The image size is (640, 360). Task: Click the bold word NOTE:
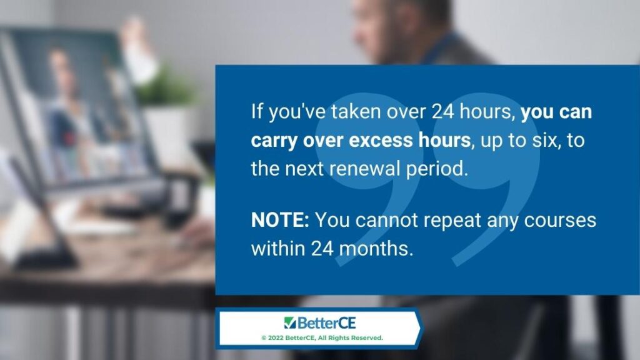[280, 220]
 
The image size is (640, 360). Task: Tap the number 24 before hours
[443, 111]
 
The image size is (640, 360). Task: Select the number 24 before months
[322, 248]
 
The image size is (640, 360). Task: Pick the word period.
[436, 169]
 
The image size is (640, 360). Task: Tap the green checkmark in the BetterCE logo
[290, 323]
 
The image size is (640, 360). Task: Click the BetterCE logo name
[326, 323]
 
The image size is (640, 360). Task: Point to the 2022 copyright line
[322, 338]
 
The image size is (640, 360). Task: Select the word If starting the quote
[257, 111]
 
